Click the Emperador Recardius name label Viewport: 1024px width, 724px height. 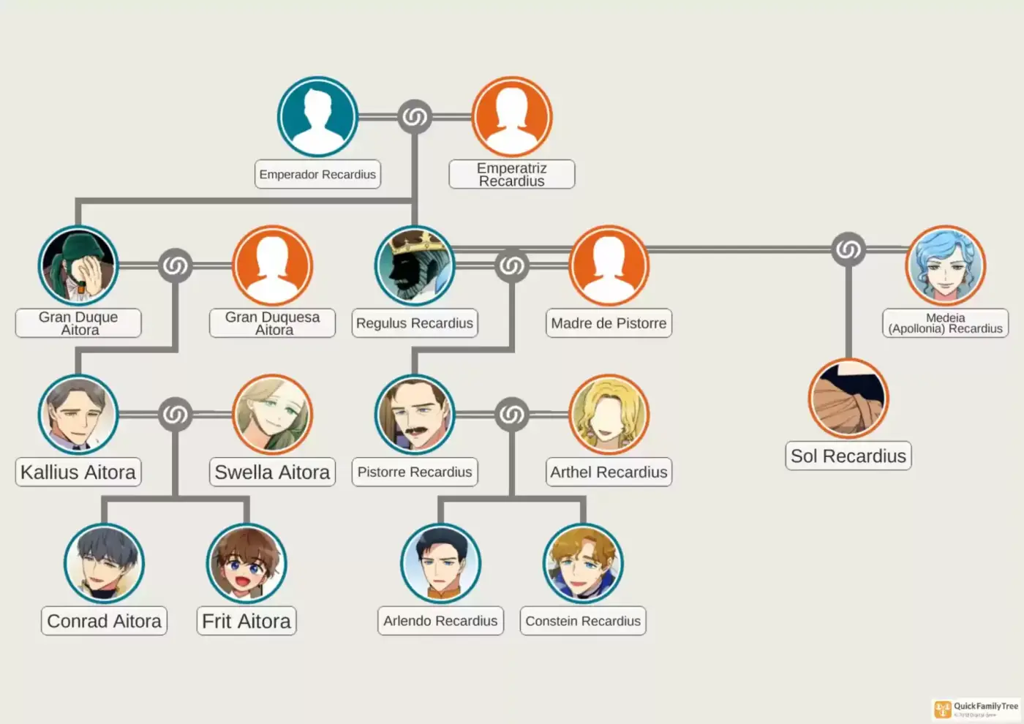coord(317,174)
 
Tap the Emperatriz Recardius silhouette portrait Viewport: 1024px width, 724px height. coord(512,116)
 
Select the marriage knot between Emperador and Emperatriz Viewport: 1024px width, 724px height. coord(415,116)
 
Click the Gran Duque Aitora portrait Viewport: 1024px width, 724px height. coord(78,265)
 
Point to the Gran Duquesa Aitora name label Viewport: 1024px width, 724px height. coord(272,323)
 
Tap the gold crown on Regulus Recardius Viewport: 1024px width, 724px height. coord(420,241)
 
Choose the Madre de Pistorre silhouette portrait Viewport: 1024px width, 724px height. coord(609,265)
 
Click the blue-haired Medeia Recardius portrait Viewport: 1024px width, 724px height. coord(945,265)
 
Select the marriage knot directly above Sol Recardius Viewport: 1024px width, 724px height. coord(848,249)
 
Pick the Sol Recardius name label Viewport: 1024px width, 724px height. coord(848,456)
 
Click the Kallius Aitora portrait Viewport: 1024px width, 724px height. coord(78,415)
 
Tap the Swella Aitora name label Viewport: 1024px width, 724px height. coord(272,472)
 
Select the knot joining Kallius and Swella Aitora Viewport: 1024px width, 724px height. coord(175,415)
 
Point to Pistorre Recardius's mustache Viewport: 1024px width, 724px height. coord(416,431)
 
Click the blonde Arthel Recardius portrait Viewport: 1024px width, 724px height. coord(609,415)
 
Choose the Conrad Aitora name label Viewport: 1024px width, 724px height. coord(104,621)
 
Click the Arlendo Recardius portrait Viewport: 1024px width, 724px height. coord(440,564)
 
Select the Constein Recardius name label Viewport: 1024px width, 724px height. coord(584,621)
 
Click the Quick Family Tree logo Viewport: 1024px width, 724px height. coord(976,710)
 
